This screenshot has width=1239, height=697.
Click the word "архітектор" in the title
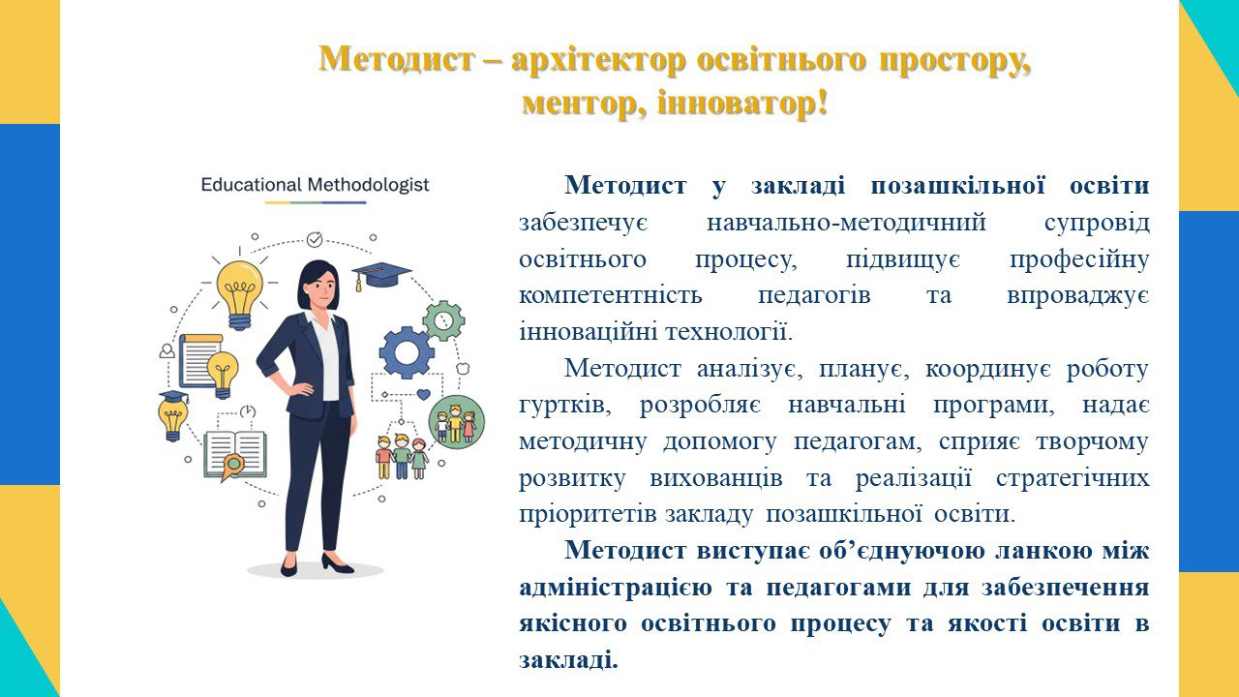click(598, 60)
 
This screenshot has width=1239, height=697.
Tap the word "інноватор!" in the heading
click(742, 103)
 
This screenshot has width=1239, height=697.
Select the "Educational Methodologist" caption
click(315, 185)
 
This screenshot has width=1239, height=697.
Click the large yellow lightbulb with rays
click(239, 294)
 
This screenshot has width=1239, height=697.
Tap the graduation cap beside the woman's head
click(381, 274)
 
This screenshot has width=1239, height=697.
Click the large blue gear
click(407, 352)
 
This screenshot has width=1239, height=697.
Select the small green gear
click(443, 320)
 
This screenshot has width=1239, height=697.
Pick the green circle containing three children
click(456, 422)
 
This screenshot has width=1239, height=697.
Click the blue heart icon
click(423, 394)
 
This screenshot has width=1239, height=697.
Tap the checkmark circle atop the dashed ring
click(315, 240)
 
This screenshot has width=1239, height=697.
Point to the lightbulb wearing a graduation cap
click(173, 416)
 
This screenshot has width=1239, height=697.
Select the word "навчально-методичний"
click(846, 223)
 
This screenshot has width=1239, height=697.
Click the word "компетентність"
click(611, 295)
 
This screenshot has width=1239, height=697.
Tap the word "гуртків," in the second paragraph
click(565, 405)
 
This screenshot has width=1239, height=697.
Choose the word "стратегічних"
click(1073, 478)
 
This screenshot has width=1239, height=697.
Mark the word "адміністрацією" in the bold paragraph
click(616, 588)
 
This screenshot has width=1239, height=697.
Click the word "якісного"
click(573, 624)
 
